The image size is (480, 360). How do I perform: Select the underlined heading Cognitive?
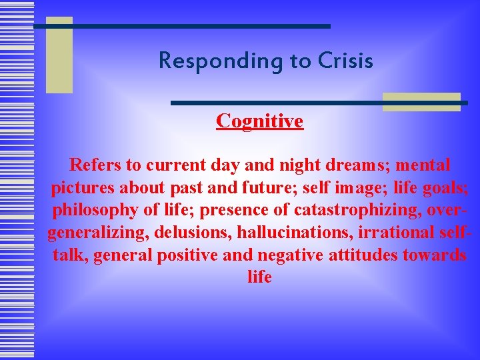[259, 121]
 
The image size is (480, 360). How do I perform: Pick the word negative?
[294, 255]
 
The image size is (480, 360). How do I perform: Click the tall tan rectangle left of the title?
[59, 55]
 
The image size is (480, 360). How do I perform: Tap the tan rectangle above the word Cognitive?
[421, 101]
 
